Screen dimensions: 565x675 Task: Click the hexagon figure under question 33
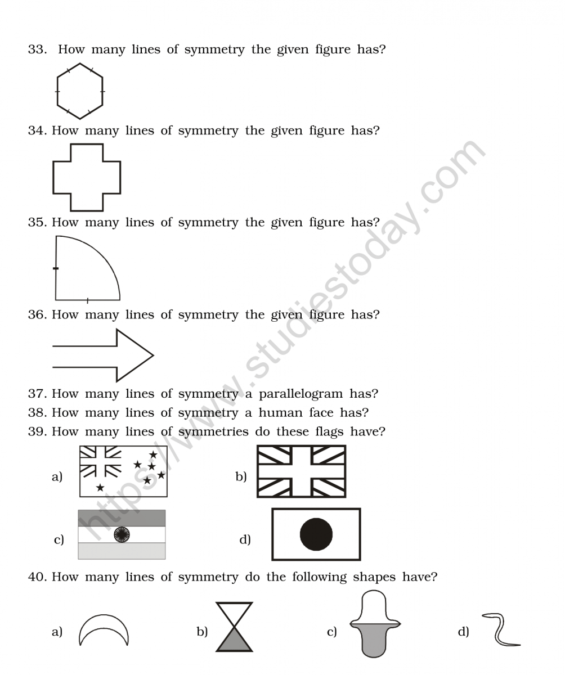click(57, 92)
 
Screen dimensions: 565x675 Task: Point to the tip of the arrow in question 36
click(154, 355)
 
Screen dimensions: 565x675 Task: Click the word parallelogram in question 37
click(301, 394)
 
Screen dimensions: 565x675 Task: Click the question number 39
click(38, 431)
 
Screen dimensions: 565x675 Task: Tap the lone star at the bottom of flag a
click(100, 487)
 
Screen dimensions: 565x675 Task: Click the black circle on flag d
click(316, 534)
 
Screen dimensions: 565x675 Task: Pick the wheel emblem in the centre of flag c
click(122, 535)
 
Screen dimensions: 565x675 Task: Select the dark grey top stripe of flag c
click(122, 518)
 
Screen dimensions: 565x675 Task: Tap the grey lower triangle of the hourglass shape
click(234, 640)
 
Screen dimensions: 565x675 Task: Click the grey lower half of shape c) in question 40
click(374, 640)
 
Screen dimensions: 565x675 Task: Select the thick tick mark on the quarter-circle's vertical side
click(56, 268)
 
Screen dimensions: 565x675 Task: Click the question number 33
click(38, 49)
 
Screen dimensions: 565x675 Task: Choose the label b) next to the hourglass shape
click(202, 631)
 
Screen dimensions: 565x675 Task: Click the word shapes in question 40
click(374, 577)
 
